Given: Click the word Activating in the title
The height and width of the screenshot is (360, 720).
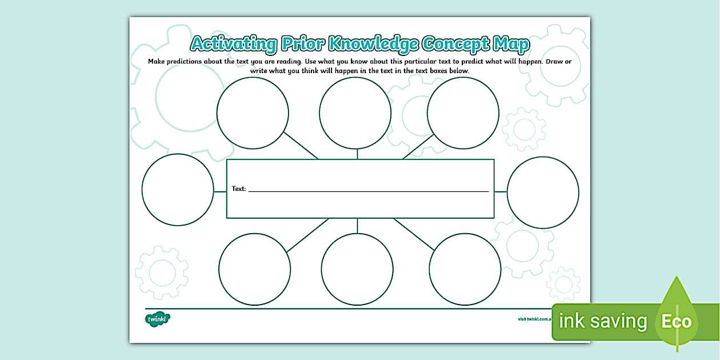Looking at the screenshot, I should pyautogui.click(x=233, y=44).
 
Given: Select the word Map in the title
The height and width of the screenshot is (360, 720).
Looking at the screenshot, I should pyautogui.click(x=510, y=44).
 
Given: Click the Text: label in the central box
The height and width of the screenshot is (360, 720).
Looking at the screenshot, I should pyautogui.click(x=239, y=189).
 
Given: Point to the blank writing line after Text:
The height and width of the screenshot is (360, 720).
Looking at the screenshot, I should pyautogui.click(x=369, y=190).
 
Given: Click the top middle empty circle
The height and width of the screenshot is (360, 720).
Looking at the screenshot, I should pyautogui.click(x=355, y=113).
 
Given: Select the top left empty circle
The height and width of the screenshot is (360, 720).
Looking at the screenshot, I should pyautogui.click(x=253, y=113).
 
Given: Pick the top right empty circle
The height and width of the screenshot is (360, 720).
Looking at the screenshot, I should pyautogui.click(x=463, y=113).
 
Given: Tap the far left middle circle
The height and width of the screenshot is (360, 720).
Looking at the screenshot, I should pyautogui.click(x=178, y=189).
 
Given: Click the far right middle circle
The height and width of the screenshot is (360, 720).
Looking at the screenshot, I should pyautogui.click(x=543, y=191).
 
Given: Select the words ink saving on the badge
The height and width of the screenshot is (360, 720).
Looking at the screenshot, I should pyautogui.click(x=603, y=321).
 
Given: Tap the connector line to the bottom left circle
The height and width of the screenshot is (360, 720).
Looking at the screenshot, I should pyautogui.click(x=307, y=235).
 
